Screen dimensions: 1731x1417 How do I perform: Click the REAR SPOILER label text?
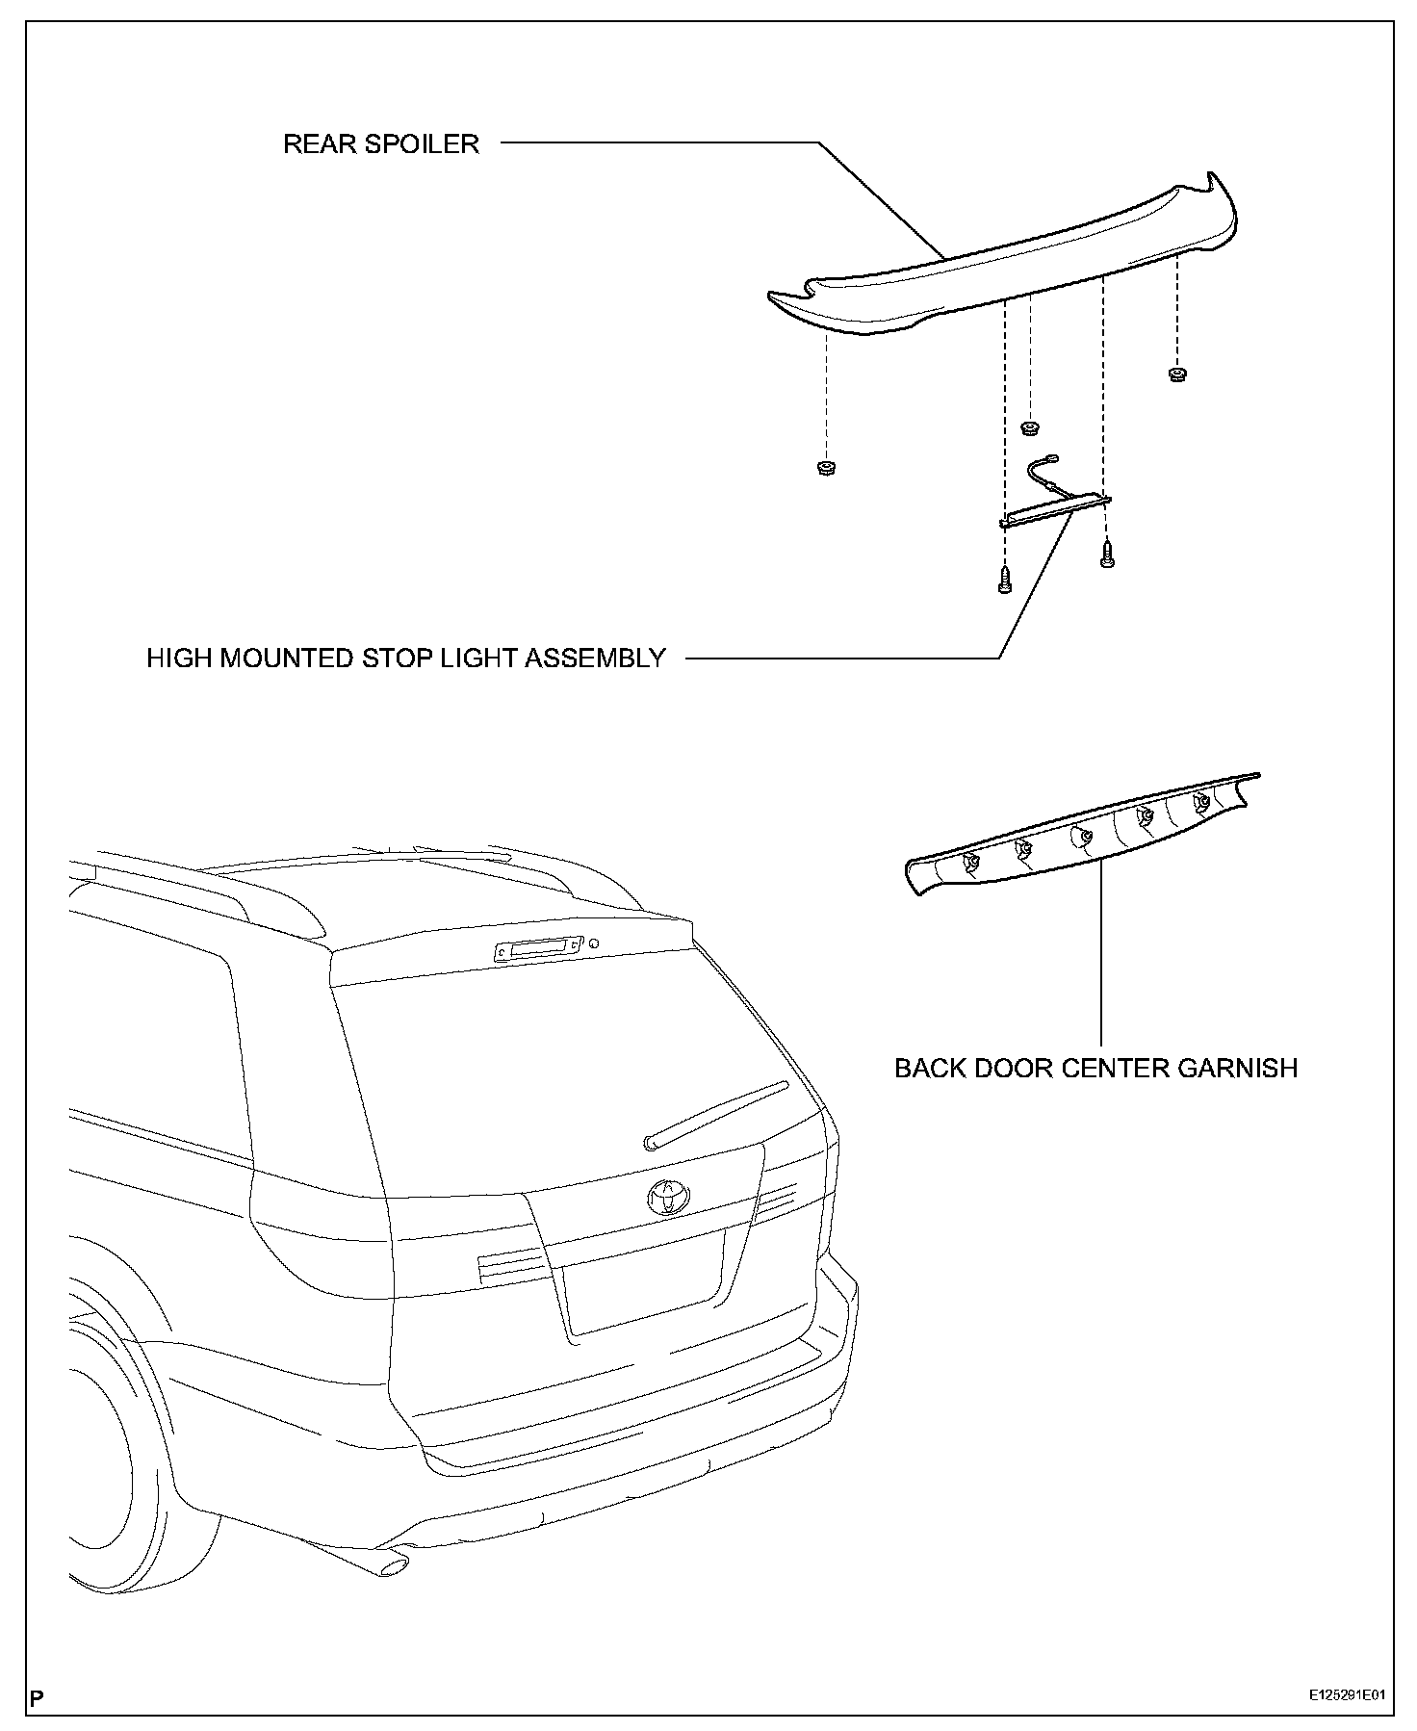[x=380, y=144]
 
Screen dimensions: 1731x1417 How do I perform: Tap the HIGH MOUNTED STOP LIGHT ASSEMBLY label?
[x=405, y=659]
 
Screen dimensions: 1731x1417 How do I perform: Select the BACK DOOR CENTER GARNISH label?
[x=1095, y=1068]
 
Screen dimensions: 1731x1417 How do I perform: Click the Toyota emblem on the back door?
[x=668, y=1196]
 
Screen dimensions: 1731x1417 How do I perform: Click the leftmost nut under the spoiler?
[x=824, y=468]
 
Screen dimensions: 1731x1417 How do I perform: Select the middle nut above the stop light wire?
[x=1030, y=426]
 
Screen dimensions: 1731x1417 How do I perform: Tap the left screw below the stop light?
[x=1005, y=581]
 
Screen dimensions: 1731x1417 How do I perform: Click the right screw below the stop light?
[x=1106, y=554]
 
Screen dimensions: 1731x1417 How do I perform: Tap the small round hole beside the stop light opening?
[x=594, y=943]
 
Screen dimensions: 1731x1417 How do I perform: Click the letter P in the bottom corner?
[x=37, y=1696]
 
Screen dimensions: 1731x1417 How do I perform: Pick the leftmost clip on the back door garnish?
[x=969, y=860]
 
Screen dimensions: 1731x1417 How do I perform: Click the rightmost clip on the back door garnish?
[x=1201, y=802]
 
